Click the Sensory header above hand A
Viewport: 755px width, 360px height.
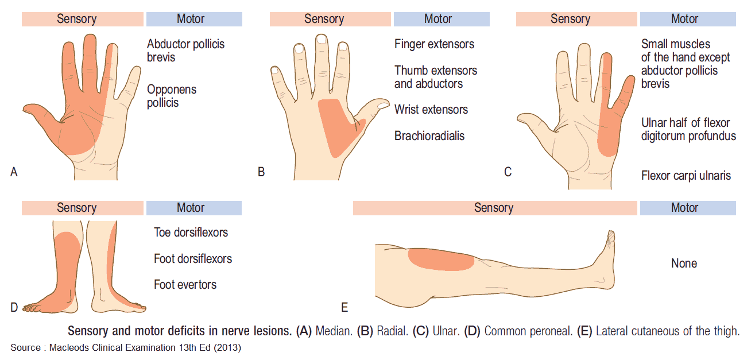[x=76, y=19]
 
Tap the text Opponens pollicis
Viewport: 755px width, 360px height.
[x=172, y=96]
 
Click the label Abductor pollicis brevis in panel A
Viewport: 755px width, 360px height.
[x=185, y=51]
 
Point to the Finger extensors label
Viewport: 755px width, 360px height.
[x=434, y=44]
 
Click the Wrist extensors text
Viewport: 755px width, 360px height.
[x=431, y=110]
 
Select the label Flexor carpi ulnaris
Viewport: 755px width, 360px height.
[x=686, y=176]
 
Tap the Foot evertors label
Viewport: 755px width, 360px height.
[x=185, y=285]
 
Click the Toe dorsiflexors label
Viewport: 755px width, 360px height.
[x=191, y=233]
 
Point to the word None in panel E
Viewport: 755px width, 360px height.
[x=684, y=264]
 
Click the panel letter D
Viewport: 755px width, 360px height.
[x=14, y=308]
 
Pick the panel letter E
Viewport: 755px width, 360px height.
[x=344, y=308]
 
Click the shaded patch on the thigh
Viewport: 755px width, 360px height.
[x=441, y=260]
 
